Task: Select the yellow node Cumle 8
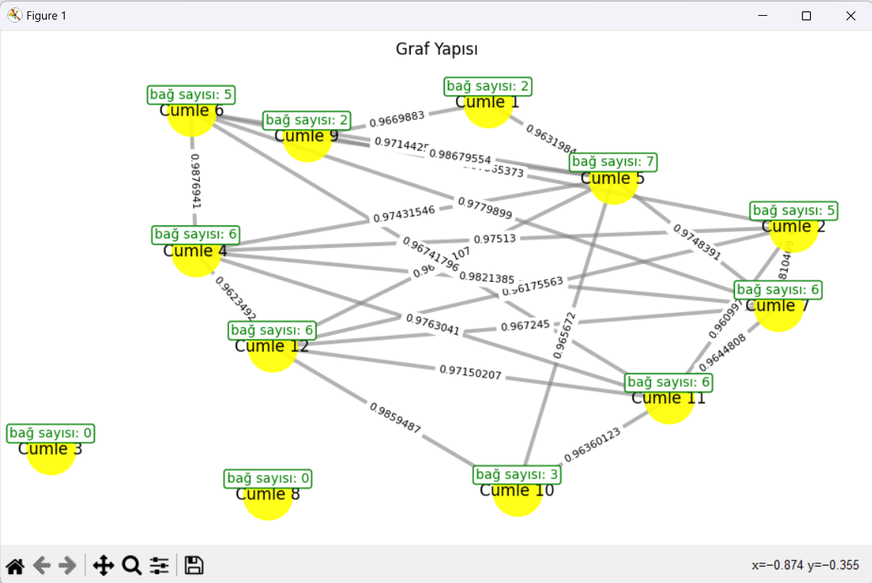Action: coord(268,496)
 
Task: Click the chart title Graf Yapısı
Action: coord(437,49)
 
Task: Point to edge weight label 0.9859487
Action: coord(395,417)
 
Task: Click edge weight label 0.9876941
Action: coord(195,181)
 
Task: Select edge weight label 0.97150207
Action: coord(470,372)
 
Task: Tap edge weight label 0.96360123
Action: coord(592,444)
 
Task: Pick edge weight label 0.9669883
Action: coord(397,118)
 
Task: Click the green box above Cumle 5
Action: coord(613,161)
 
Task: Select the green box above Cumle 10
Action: coord(517,474)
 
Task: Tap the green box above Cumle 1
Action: coord(488,86)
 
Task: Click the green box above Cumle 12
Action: coord(272,330)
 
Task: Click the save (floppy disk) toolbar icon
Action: coord(194,565)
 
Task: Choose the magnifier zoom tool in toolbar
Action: coord(132,565)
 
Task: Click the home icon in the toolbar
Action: coord(14,565)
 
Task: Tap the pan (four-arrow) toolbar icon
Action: coord(103,565)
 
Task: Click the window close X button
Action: coord(851,16)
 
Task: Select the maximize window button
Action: coord(806,16)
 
